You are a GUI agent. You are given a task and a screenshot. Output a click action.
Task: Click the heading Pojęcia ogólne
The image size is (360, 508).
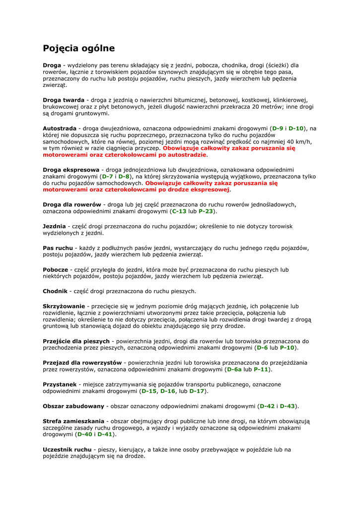coord(78,49)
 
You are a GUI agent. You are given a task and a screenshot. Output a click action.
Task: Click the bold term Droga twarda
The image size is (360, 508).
coord(63,100)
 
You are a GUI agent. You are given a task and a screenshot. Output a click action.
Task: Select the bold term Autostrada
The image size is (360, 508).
coord(60,128)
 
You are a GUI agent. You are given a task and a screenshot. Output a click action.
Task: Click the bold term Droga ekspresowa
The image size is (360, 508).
coord(71,170)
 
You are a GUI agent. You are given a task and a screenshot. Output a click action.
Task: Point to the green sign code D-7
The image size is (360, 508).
coord(107,176)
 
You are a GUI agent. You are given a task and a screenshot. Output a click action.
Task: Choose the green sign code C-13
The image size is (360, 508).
coord(179,211)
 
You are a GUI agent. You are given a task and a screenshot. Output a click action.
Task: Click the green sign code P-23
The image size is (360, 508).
coord(207,211)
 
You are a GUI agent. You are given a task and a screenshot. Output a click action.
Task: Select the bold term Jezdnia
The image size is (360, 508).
coord(54,226)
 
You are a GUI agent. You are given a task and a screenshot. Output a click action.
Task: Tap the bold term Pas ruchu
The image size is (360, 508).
coord(58,248)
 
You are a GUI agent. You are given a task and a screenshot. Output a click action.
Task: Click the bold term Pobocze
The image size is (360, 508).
coord(55,269)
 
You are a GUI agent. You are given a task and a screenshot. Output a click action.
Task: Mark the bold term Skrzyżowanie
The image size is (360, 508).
coord(64,306)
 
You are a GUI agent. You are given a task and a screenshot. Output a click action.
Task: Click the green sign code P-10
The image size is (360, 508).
coord(288,348)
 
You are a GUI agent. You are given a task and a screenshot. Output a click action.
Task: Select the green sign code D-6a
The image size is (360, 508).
coord(234,369)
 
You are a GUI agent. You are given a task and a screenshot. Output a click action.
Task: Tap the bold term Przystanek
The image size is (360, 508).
coord(60,384)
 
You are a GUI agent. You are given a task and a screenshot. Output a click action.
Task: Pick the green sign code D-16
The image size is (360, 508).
coord(168,391)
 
